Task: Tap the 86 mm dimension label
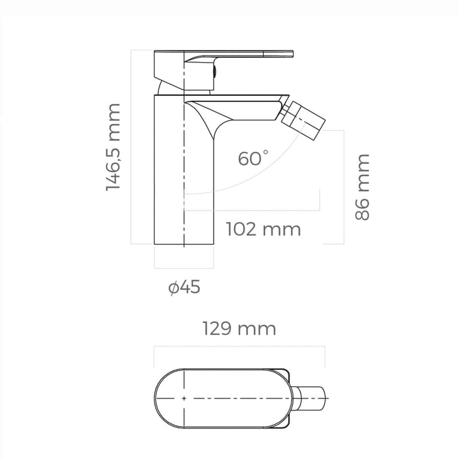[x=362, y=186]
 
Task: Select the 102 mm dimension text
[x=263, y=229]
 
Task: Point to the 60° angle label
[x=253, y=158]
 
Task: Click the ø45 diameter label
[x=184, y=286]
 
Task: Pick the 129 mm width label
[x=239, y=329]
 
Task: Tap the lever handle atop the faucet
[x=241, y=55]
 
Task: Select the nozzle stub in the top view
[x=311, y=398]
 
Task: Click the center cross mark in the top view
[x=184, y=398]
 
